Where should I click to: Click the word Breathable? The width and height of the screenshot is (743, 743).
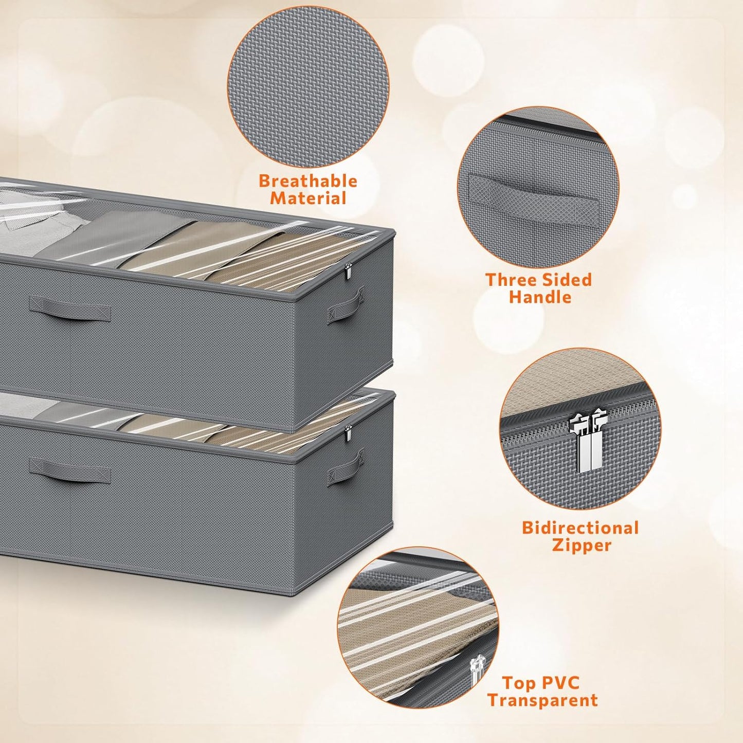[x=307, y=180]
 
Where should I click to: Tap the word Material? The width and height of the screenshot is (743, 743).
[x=308, y=198]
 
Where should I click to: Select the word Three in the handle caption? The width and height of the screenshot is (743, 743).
[x=511, y=280]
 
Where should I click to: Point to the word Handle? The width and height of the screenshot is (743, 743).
[x=540, y=297]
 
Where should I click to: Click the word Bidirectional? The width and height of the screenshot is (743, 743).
[x=580, y=528]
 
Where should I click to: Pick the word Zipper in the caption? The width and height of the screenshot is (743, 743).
[x=582, y=545]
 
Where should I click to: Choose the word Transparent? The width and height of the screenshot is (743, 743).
[x=542, y=700]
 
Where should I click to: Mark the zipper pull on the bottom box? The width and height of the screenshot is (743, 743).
[x=348, y=433]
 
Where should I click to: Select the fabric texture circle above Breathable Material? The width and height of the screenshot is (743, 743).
[x=308, y=87]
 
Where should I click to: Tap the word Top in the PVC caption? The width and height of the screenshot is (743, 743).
[x=519, y=683]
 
